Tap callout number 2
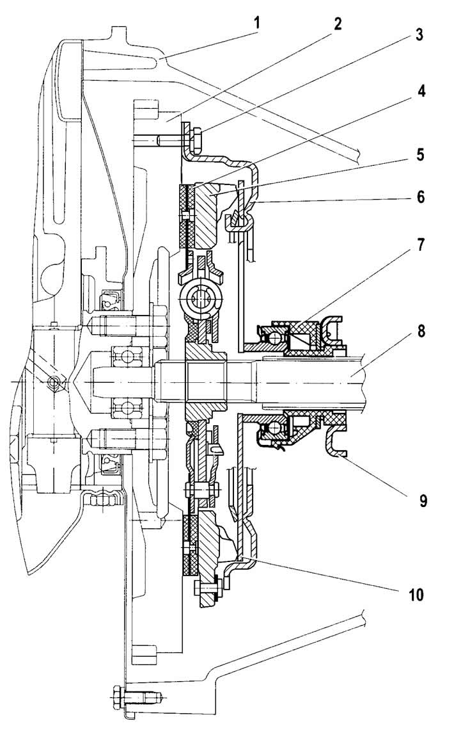coord(338,24)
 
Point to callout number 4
coord(420,91)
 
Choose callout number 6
coord(420,197)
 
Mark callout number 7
coord(420,245)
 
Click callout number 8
coord(420,332)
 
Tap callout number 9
coord(422,500)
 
